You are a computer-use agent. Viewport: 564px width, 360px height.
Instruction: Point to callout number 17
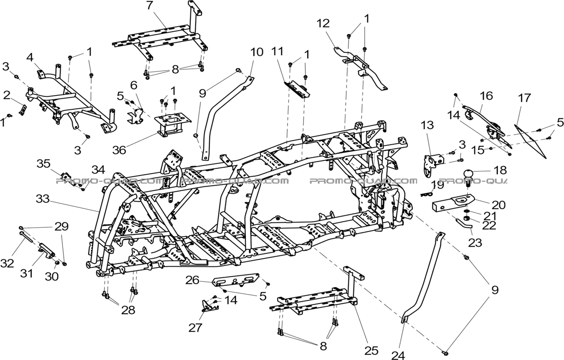[524, 98]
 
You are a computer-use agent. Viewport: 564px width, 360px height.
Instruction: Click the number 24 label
[398, 355]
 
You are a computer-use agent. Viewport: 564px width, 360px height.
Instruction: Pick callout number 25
[372, 350]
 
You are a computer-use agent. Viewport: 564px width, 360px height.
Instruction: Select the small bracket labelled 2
[23, 108]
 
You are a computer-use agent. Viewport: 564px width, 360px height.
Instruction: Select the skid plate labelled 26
[237, 281]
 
